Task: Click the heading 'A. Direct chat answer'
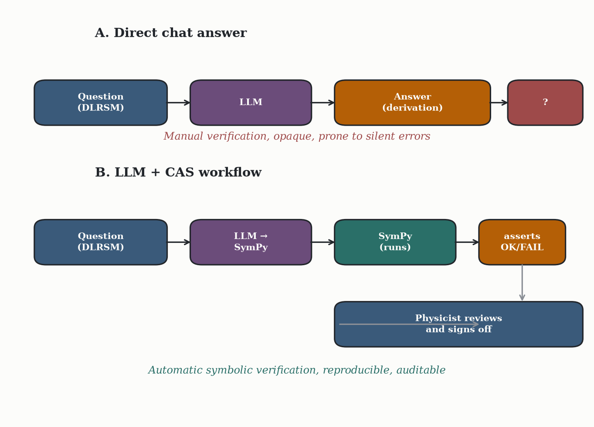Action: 171,33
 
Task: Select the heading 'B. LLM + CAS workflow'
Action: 178,172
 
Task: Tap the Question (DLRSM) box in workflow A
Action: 101,102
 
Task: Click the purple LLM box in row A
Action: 251,102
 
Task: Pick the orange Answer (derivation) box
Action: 412,102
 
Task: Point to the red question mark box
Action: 545,102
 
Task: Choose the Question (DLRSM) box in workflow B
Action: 101,242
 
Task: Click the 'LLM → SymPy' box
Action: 251,242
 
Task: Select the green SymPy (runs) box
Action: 395,242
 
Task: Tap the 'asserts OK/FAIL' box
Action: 522,242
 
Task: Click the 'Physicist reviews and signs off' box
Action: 459,324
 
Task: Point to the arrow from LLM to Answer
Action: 323,102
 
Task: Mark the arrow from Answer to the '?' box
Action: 499,102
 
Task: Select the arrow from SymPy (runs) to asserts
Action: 467,242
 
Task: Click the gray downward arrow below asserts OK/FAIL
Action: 522,283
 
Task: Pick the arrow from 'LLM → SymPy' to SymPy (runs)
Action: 323,242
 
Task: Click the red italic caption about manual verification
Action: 297,137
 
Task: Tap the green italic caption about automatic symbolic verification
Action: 297,370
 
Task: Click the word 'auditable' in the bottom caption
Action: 421,370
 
